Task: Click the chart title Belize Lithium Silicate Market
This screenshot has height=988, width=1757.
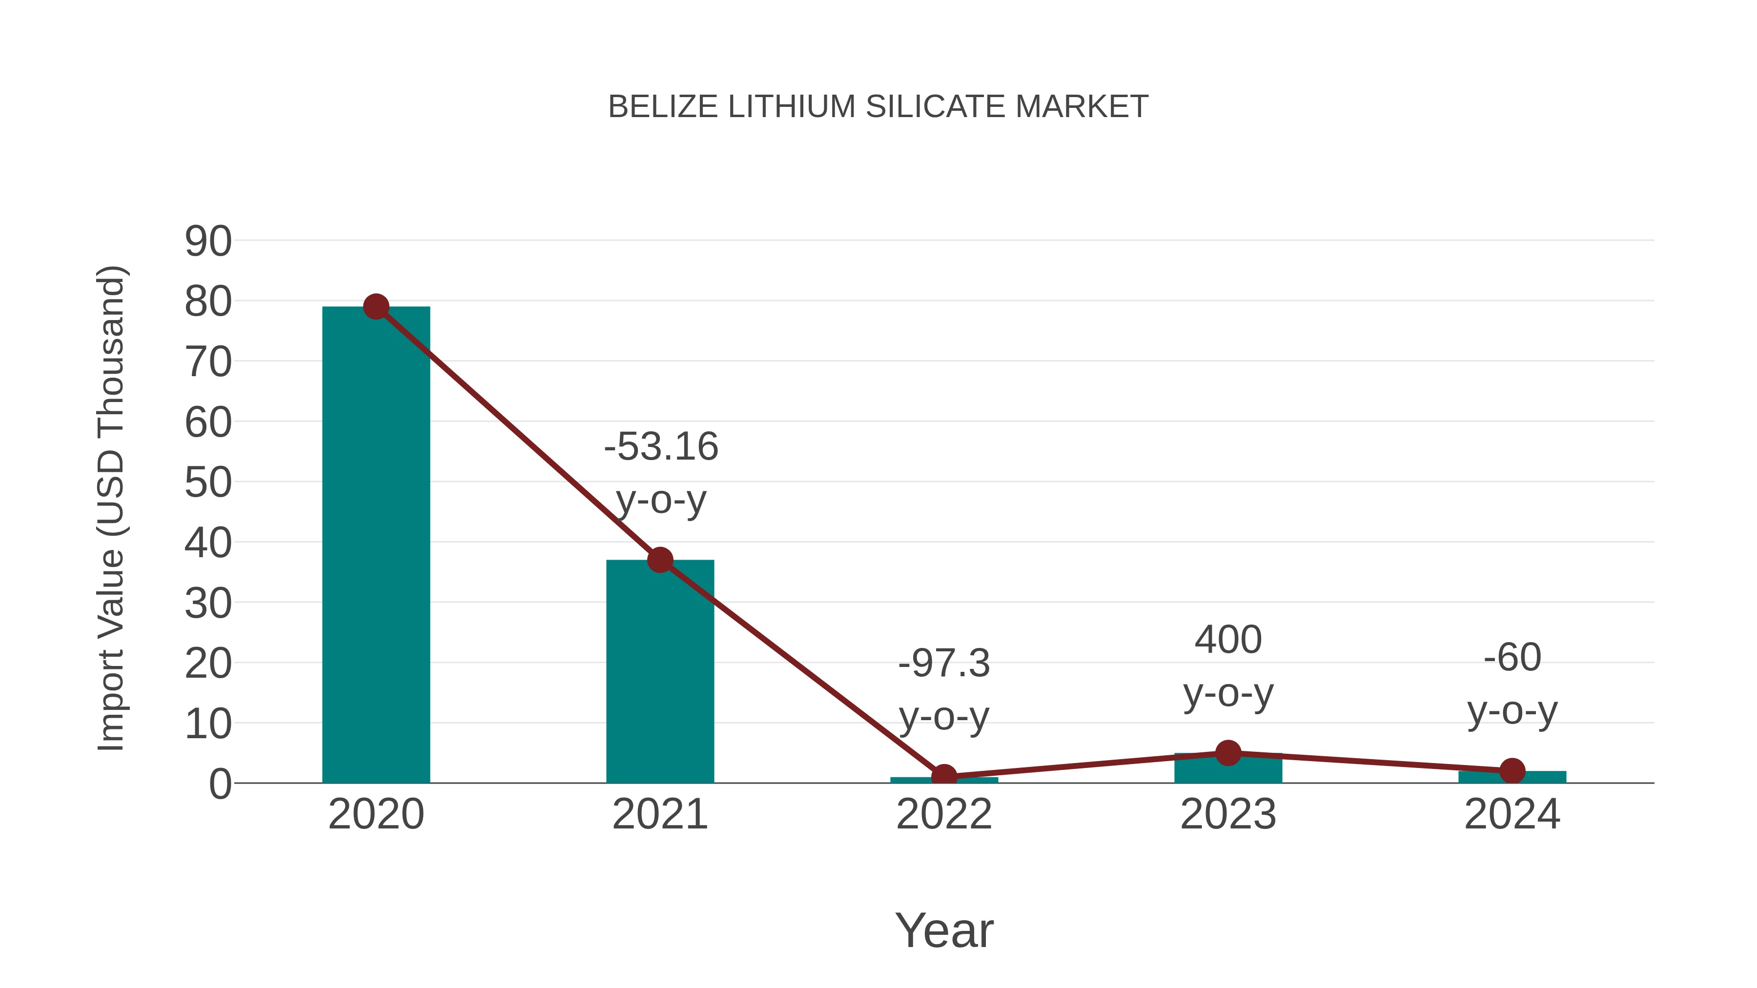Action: click(x=878, y=107)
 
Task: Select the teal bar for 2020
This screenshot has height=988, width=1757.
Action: click(x=376, y=545)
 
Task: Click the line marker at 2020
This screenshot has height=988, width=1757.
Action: click(x=376, y=307)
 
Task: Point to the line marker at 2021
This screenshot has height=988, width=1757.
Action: click(x=659, y=560)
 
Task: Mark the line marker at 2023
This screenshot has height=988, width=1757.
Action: click(x=1228, y=753)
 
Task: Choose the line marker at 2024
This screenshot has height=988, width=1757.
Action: click(x=1512, y=770)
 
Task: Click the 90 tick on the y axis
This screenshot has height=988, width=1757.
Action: click(x=208, y=242)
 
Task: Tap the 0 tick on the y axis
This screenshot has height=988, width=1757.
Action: click(x=220, y=784)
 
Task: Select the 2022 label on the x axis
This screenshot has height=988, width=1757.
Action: click(x=944, y=814)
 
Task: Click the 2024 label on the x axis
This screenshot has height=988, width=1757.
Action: click(x=1512, y=814)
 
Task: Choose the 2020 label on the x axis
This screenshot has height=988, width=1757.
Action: click(x=376, y=814)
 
